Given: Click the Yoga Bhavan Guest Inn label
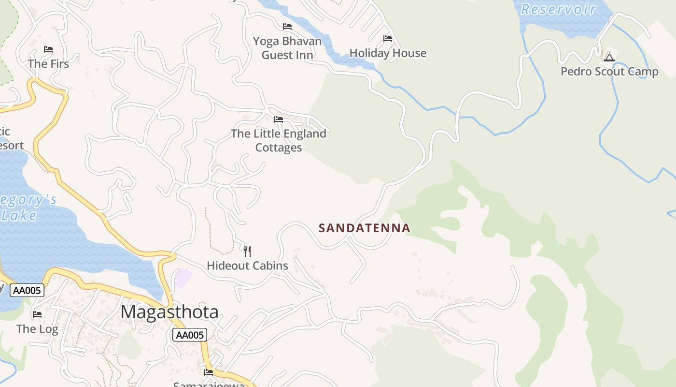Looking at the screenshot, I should point(287,48).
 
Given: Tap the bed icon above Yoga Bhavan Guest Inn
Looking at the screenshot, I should point(287,27).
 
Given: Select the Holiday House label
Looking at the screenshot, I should point(388,53).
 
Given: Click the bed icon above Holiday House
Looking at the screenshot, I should point(387,39).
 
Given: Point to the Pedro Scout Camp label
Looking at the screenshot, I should point(609,72).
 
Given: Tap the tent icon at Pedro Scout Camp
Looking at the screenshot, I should point(609,58).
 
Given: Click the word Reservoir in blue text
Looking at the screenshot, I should point(558,9).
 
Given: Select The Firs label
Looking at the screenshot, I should point(48,64).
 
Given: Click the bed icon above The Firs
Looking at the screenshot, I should point(48,49).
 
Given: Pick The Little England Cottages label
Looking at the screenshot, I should point(279,140).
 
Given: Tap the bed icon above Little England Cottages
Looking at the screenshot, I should point(279,119).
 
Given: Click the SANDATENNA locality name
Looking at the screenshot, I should point(365,228).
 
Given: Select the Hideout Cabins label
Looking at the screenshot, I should point(247,266).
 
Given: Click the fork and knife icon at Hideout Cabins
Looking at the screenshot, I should point(247,251).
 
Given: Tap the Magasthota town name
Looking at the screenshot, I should point(169,312).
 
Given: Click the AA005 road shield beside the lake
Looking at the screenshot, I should point(28,290).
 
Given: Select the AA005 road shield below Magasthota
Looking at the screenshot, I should point(190,335).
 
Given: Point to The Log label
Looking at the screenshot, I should point(37,329).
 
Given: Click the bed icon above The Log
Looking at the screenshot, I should point(37,314).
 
